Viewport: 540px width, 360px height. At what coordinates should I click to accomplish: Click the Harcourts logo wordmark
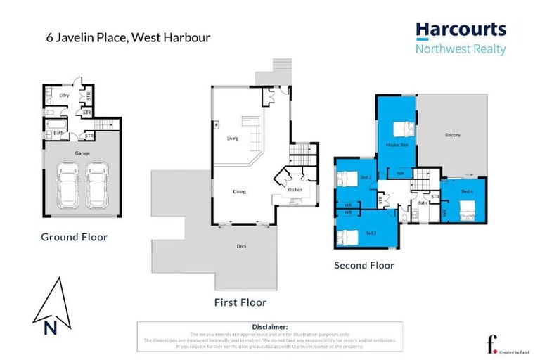pyautogui.click(x=461, y=30)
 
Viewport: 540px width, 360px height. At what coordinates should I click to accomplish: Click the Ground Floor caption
pyautogui.click(x=74, y=237)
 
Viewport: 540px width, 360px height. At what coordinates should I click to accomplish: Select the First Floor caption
pyautogui.click(x=240, y=302)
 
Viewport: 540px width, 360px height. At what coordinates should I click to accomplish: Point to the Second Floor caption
pyautogui.click(x=364, y=265)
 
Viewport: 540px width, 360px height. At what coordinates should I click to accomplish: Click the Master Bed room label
pyautogui.click(x=397, y=145)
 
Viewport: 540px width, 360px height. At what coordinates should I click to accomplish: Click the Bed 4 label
pyautogui.click(x=468, y=191)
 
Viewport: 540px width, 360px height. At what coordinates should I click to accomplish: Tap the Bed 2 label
pyautogui.click(x=366, y=178)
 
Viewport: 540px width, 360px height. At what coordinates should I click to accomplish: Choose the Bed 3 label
pyautogui.click(x=370, y=232)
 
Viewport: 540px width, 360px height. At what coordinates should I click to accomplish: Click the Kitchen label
pyautogui.click(x=295, y=190)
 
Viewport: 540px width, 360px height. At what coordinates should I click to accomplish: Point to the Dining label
pyautogui.click(x=239, y=191)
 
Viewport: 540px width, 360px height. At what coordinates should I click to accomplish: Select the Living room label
pyautogui.click(x=233, y=139)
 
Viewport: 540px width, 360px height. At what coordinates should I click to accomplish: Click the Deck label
pyautogui.click(x=241, y=246)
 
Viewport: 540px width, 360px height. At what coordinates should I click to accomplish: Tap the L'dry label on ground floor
pyautogui.click(x=63, y=94)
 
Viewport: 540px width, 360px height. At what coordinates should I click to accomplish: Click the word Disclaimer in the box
pyautogui.click(x=270, y=327)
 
